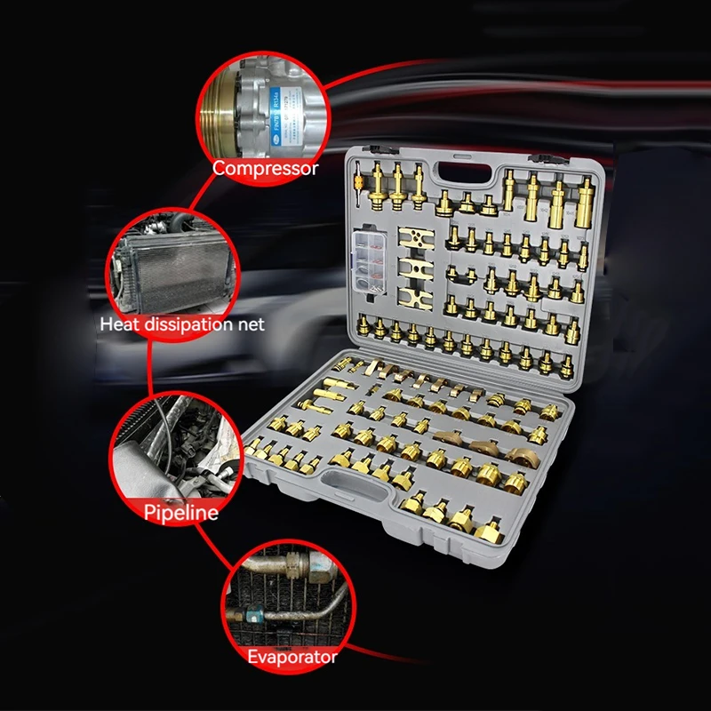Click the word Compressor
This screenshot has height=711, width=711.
click(x=265, y=168)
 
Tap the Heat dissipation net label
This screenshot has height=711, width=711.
click(x=182, y=324)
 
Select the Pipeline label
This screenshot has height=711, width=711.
click(x=181, y=512)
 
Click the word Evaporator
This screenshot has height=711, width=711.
click(x=292, y=658)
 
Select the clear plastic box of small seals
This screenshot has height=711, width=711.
click(x=372, y=262)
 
